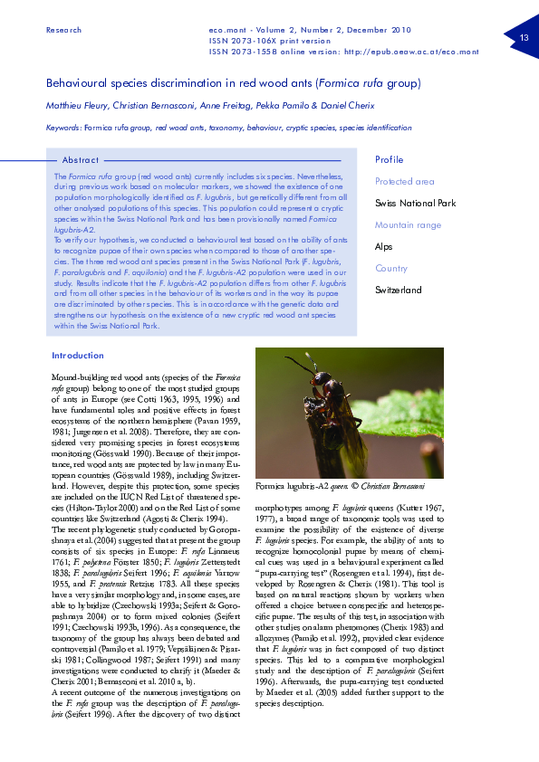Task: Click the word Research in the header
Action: click(x=63, y=30)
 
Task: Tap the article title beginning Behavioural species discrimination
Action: click(x=233, y=83)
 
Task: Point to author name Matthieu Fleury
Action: click(x=75, y=106)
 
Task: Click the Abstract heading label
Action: click(x=81, y=160)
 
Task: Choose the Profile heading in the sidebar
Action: click(x=390, y=160)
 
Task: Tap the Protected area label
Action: click(x=405, y=182)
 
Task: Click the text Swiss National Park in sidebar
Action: click(x=415, y=203)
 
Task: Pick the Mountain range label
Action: click(x=409, y=224)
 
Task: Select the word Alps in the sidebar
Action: click(x=384, y=246)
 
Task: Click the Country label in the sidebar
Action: click(x=391, y=268)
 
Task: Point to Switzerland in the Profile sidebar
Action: click(x=399, y=290)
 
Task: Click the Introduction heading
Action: click(x=78, y=356)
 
